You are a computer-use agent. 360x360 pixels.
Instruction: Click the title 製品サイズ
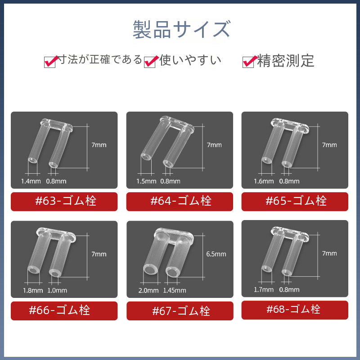click(181, 29)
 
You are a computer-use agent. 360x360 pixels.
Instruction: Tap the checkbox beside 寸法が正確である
click(50, 62)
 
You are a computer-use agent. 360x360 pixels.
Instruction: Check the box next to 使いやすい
click(150, 62)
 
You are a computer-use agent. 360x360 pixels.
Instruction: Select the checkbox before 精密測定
click(248, 62)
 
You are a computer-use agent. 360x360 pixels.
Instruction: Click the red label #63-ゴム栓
click(64, 201)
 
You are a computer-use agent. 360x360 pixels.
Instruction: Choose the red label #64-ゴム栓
click(180, 201)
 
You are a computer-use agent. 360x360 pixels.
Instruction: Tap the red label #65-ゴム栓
click(295, 201)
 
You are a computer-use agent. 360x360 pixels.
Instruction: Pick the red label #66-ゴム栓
click(64, 310)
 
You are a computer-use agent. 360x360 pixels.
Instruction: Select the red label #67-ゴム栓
click(180, 310)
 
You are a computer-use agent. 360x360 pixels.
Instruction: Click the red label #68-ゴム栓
click(295, 310)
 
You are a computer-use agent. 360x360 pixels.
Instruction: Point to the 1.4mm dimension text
click(31, 181)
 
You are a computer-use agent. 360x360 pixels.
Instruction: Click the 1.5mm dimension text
click(146, 181)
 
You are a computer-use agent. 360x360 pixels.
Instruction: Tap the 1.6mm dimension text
click(264, 181)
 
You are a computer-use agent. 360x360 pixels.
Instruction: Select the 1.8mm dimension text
click(33, 290)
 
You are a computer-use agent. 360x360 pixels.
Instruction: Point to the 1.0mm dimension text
click(57, 290)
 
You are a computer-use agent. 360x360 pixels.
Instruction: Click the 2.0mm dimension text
click(148, 290)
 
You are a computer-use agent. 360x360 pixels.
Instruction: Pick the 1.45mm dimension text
click(175, 290)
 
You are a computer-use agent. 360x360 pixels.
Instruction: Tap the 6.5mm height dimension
click(216, 254)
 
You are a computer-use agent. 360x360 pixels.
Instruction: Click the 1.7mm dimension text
click(264, 289)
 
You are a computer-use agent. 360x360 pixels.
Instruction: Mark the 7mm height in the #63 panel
click(99, 145)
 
